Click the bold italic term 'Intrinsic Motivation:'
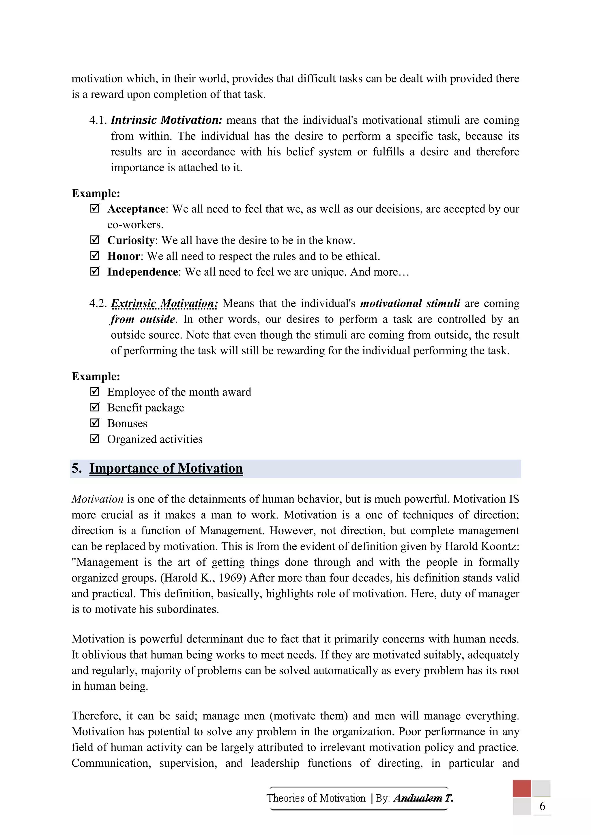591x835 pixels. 166,120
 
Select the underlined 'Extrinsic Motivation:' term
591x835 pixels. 164,303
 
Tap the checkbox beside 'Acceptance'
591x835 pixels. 94,209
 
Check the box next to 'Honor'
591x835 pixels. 94,256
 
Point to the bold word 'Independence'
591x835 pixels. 142,272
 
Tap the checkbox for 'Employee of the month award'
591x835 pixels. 94,392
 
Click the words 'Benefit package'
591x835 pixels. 145,408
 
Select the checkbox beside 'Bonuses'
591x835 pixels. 94,423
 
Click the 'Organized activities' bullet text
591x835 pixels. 155,439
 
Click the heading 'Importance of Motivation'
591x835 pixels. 166,469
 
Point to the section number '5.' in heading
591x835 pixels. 76,469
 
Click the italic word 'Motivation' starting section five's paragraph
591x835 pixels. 98,499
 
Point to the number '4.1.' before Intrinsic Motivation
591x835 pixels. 98,120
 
